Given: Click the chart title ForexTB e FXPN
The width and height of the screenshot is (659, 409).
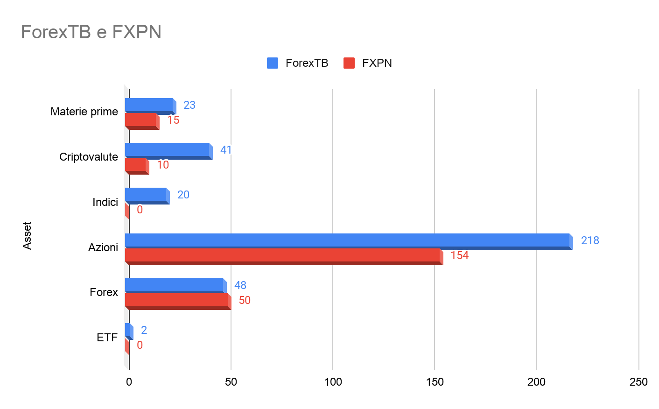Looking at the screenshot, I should [x=91, y=32].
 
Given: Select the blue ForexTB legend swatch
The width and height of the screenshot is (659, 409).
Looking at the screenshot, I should [x=273, y=63].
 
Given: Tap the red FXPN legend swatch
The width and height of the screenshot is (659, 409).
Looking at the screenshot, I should [x=349, y=63].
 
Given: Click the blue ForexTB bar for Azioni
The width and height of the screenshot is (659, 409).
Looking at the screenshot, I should [x=347, y=240].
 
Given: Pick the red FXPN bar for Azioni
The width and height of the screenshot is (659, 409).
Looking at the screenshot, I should [x=282, y=255].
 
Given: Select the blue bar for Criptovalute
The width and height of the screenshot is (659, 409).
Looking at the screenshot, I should [x=167, y=150].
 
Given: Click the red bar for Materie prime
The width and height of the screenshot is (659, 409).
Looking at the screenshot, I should [x=140, y=120].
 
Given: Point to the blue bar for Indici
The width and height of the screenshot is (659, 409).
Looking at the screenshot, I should [x=146, y=195].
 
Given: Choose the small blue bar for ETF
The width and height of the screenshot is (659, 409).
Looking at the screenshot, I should [x=128, y=330].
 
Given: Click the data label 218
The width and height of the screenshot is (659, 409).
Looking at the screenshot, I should [x=590, y=240].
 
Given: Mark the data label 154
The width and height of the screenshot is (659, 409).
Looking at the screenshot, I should [x=459, y=255].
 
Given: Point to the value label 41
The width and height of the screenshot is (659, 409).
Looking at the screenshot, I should [x=226, y=150].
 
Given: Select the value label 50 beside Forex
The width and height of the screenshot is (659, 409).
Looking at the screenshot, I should [x=245, y=300].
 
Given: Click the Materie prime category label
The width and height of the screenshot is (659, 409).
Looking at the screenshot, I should [x=84, y=112].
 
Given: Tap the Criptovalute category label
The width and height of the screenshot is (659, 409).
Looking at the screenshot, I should [x=89, y=157].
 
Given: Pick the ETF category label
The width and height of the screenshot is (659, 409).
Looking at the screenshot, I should [x=107, y=338].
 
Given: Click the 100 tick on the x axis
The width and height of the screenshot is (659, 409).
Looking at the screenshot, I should [x=333, y=382].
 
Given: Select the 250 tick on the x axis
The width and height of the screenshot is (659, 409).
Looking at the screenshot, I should [x=638, y=382].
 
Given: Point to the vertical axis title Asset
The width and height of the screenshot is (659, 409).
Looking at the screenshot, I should [x=27, y=236].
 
